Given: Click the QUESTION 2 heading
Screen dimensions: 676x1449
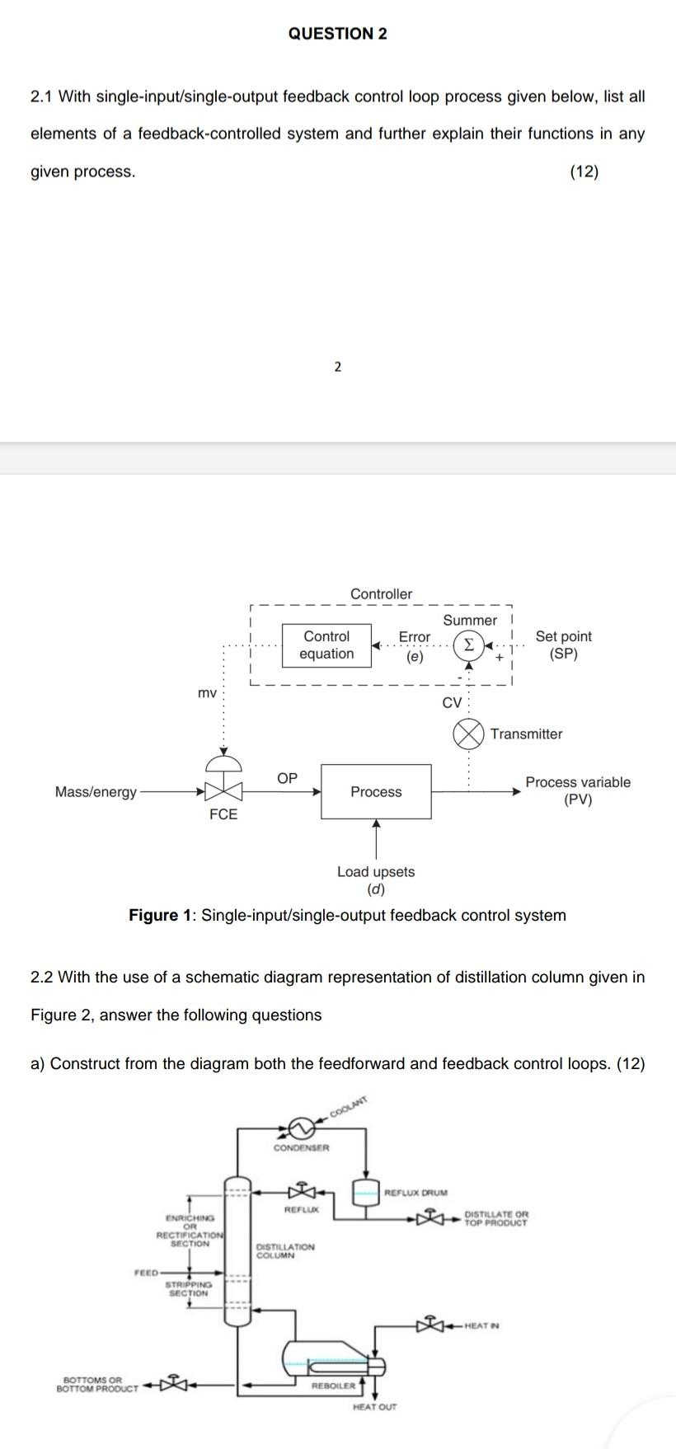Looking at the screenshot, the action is click(x=338, y=34).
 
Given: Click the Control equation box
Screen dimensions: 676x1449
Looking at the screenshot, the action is click(x=326, y=645).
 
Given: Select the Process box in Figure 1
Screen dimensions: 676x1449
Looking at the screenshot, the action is click(x=376, y=791).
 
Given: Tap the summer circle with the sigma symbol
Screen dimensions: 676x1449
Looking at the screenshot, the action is click(x=468, y=644).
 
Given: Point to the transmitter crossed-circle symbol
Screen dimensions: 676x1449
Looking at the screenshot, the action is click(x=468, y=734).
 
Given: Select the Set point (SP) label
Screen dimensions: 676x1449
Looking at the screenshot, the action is click(x=563, y=645).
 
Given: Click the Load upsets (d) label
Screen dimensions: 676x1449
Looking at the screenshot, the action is click(x=376, y=880).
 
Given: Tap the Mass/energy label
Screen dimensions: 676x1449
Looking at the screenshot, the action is click(x=96, y=792).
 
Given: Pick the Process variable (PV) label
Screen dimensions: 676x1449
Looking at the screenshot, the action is click(x=578, y=790).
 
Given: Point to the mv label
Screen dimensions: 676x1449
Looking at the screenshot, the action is click(x=207, y=693).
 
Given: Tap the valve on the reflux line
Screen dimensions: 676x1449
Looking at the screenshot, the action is click(x=302, y=1190).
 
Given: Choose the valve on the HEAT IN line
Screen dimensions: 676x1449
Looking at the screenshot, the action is click(x=430, y=1325).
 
